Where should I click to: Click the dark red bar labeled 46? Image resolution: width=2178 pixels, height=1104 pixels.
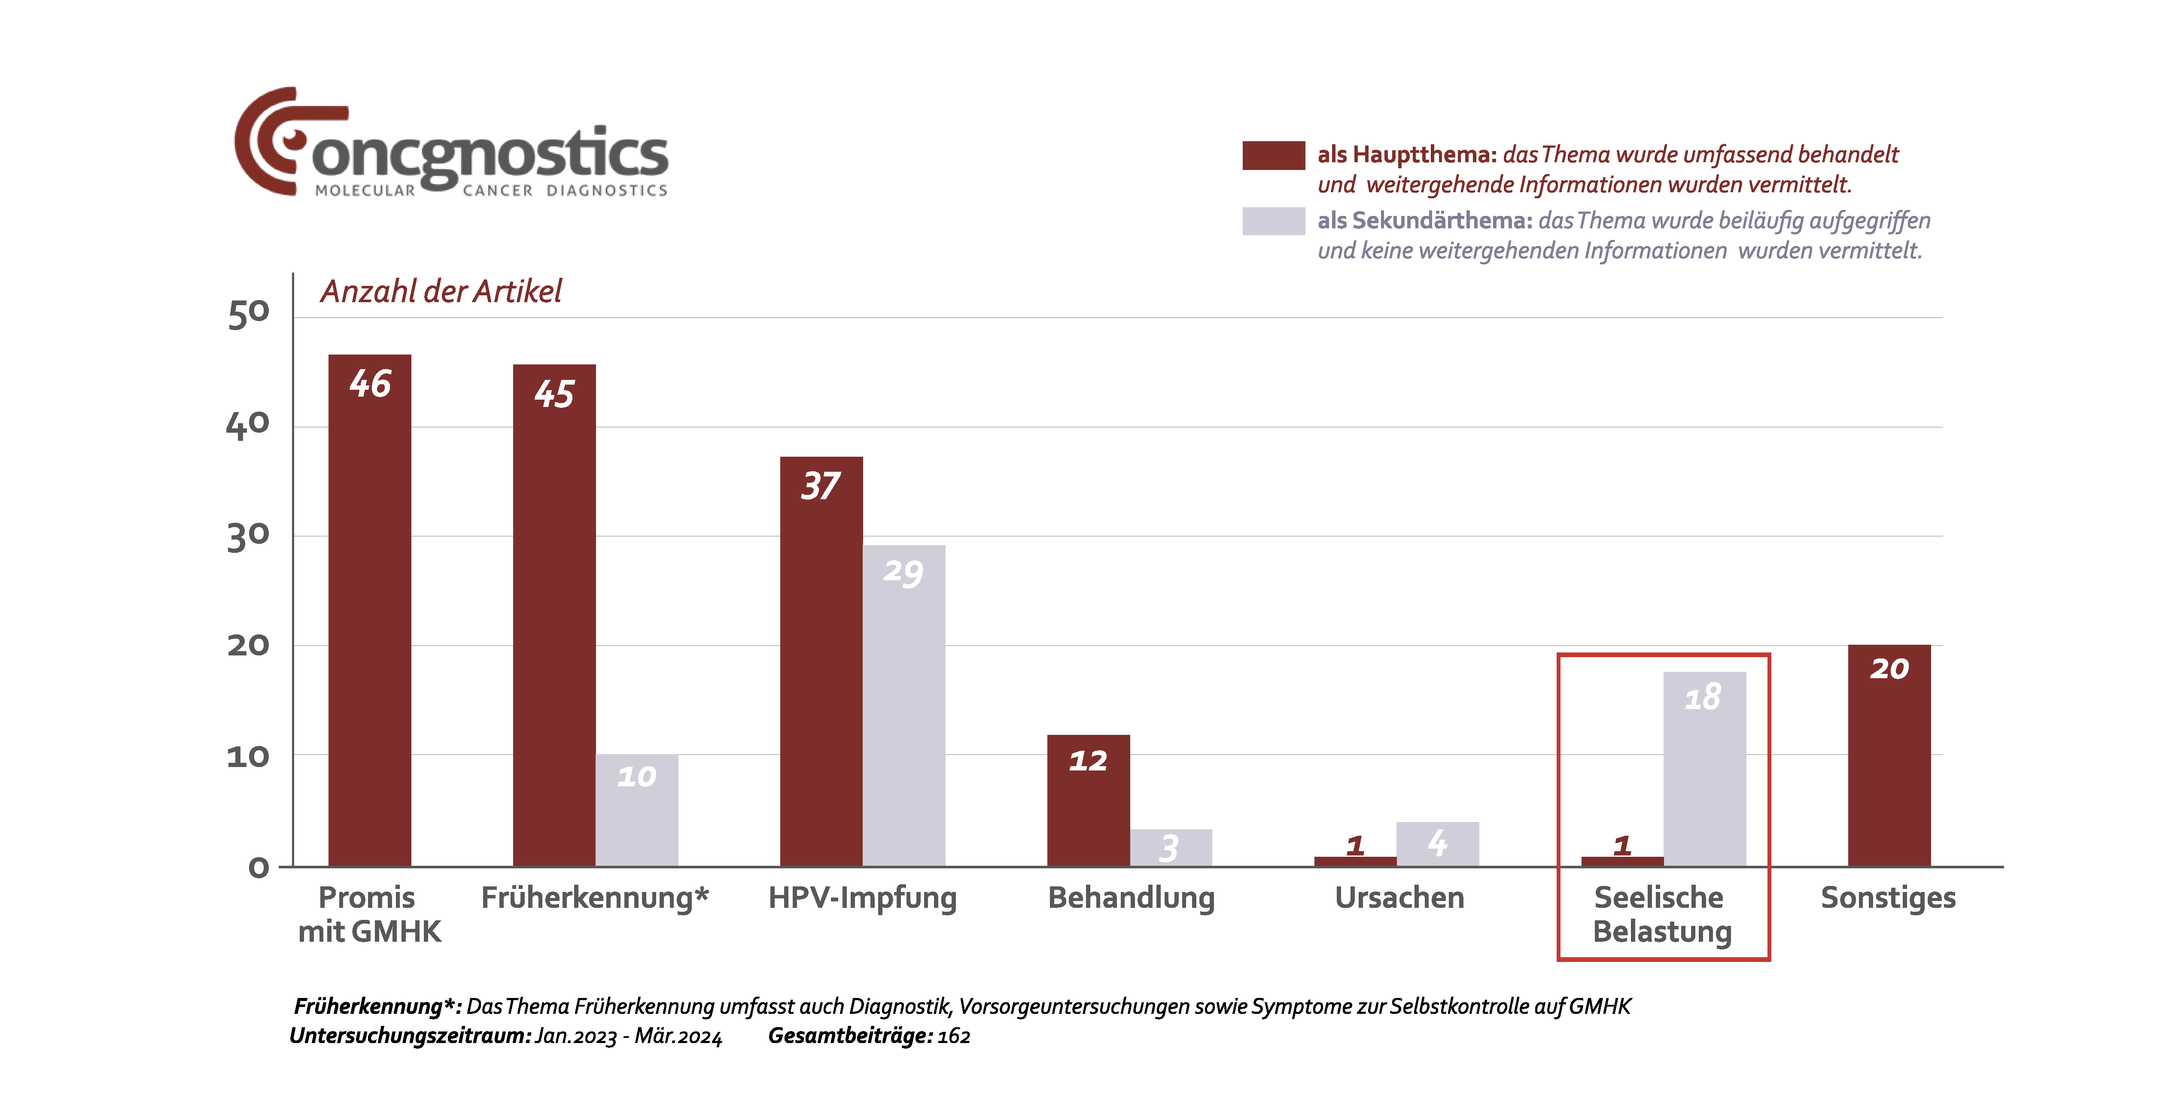369,609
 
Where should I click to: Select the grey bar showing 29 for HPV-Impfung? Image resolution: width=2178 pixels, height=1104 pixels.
903,706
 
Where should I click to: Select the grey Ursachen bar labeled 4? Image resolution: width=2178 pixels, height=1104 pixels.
1437,843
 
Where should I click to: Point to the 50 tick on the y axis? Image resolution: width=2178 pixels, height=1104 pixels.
249,314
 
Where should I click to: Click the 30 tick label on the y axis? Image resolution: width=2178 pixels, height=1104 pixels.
249,536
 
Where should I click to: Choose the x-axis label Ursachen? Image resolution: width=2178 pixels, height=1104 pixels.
1399,898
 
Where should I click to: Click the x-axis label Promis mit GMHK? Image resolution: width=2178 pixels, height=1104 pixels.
369,914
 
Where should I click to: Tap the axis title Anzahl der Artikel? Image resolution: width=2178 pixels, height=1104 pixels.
441,291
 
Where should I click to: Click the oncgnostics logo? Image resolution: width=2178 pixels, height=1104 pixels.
450,144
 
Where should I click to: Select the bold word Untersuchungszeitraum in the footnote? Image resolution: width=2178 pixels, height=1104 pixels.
410,1036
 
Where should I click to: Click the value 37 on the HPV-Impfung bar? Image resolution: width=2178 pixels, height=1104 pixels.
820,486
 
